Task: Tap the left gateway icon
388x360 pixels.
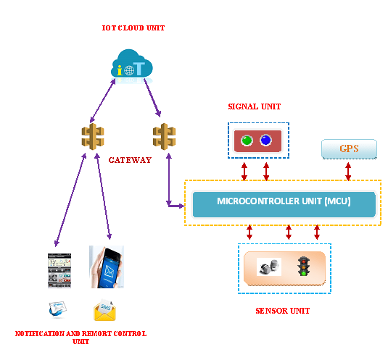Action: click(x=93, y=136)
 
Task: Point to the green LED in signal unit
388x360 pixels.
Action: click(x=247, y=141)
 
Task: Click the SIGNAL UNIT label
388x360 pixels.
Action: click(x=254, y=106)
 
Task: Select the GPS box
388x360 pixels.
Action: click(x=349, y=149)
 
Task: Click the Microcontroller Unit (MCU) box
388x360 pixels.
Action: click(x=284, y=201)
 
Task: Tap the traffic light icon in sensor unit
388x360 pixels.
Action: click(x=303, y=267)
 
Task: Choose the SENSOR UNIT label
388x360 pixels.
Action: click(x=283, y=311)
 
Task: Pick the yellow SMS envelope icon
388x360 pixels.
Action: click(x=106, y=311)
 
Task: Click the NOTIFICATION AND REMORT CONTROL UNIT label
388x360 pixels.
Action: click(x=81, y=337)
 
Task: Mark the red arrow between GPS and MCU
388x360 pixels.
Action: click(x=349, y=171)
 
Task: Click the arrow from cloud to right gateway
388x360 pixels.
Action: click(x=151, y=96)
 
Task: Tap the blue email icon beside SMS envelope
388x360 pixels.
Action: click(x=57, y=309)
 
